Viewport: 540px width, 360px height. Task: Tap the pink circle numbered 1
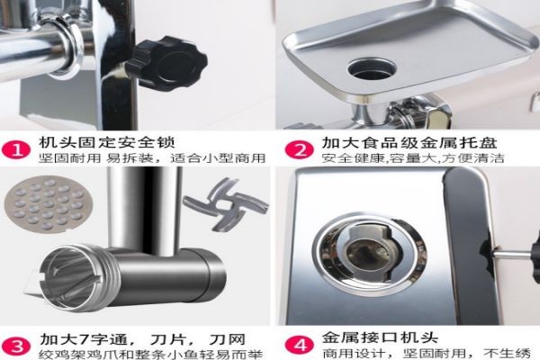coord(16,150)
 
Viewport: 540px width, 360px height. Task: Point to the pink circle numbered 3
coord(16,346)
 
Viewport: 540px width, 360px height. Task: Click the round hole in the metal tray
coord(372,68)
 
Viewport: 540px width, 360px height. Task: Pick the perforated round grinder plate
coord(44,204)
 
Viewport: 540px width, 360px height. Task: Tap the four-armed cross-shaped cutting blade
coord(226,204)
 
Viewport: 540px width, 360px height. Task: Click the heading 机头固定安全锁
coord(107,142)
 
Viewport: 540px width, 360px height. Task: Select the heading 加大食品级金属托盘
coord(409,142)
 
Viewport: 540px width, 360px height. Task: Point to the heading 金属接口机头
coord(380,337)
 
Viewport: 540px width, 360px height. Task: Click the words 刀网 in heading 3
coord(228,339)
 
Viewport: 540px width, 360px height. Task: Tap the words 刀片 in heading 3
coord(167,339)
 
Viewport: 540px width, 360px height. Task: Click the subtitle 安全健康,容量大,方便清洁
coord(413,158)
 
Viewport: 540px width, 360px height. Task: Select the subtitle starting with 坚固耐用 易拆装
coord(152,158)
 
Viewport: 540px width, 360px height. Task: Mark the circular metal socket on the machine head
coord(369,254)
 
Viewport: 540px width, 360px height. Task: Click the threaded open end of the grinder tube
coord(78,278)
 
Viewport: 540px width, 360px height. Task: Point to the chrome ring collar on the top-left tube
coord(68,44)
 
